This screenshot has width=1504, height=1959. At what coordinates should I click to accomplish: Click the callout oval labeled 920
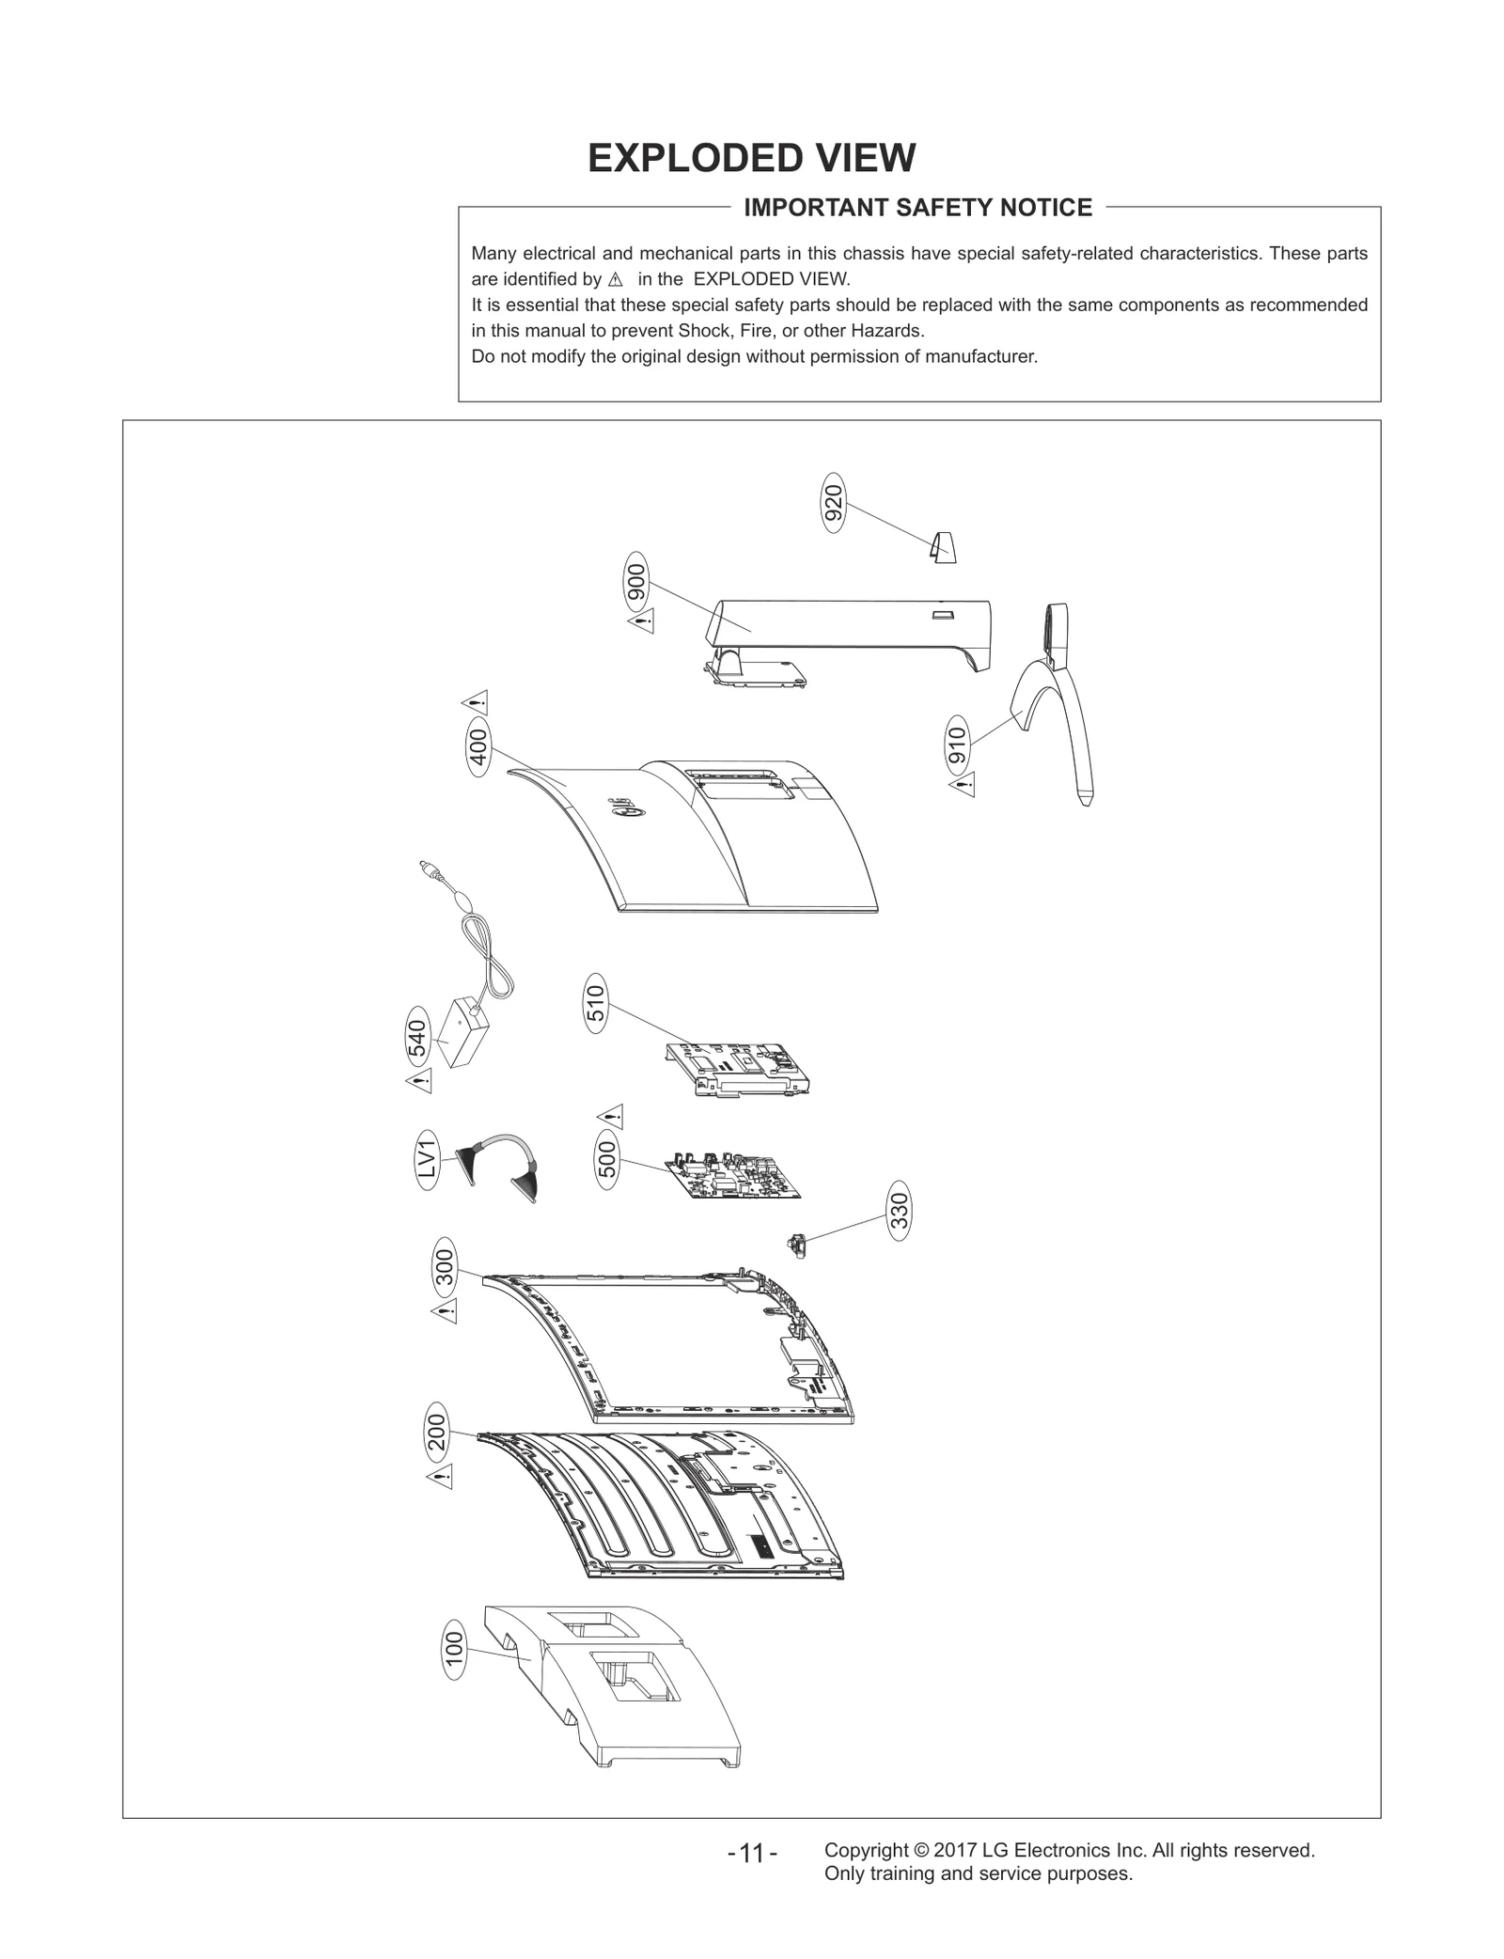coord(833,503)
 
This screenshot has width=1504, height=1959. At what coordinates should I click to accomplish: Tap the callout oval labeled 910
coord(957,745)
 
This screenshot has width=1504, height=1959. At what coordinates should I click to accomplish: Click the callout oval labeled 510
coord(596,1004)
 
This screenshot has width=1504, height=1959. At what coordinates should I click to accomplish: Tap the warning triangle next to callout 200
coord(440,1478)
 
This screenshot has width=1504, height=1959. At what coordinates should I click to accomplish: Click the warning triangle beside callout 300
coord(444,1311)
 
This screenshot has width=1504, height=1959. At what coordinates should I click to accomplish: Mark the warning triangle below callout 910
coord(962,785)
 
